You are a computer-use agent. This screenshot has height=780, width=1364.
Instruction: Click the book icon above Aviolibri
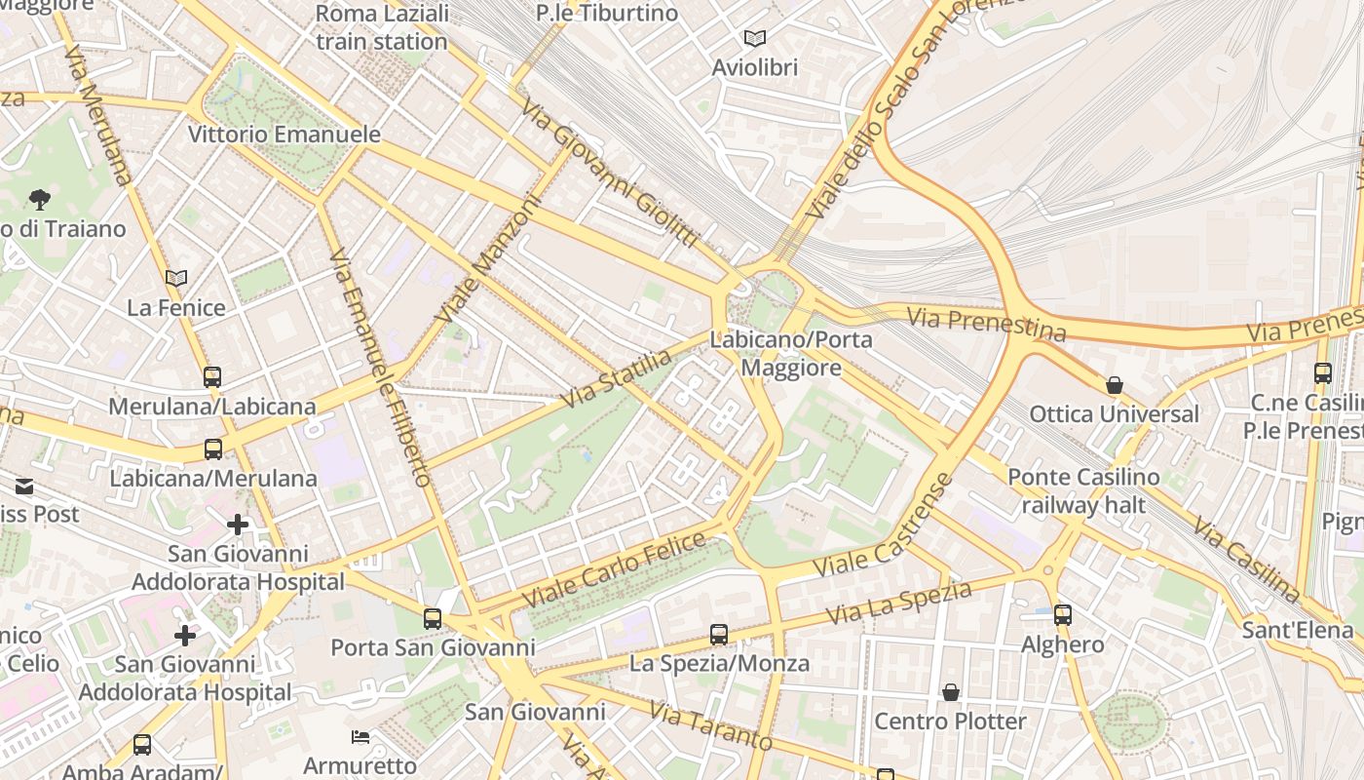pyautogui.click(x=755, y=39)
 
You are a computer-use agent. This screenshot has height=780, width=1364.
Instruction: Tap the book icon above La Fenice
pyautogui.click(x=176, y=279)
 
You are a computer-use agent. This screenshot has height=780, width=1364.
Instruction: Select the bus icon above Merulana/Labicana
pyautogui.click(x=212, y=377)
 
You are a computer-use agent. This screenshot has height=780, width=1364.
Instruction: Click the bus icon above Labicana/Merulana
pyautogui.click(x=213, y=449)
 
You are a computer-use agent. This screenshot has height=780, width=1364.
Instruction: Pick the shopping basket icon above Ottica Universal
pyautogui.click(x=1115, y=385)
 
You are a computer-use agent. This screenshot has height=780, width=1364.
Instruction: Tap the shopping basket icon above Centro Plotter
pyautogui.click(x=951, y=692)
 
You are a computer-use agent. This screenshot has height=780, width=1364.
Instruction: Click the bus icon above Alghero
pyautogui.click(x=1063, y=615)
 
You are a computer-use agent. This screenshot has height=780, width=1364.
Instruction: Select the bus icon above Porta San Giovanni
pyautogui.click(x=433, y=619)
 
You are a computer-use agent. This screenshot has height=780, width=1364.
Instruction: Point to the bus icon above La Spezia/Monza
pyautogui.click(x=719, y=635)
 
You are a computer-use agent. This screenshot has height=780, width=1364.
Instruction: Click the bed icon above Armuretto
pyautogui.click(x=360, y=736)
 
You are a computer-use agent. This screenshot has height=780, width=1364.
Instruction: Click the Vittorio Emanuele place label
pyautogui.click(x=284, y=135)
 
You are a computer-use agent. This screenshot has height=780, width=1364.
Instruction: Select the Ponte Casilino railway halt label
pyautogui.click(x=1083, y=490)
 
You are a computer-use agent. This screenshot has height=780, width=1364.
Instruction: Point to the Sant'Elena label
pyautogui.click(x=1298, y=630)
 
